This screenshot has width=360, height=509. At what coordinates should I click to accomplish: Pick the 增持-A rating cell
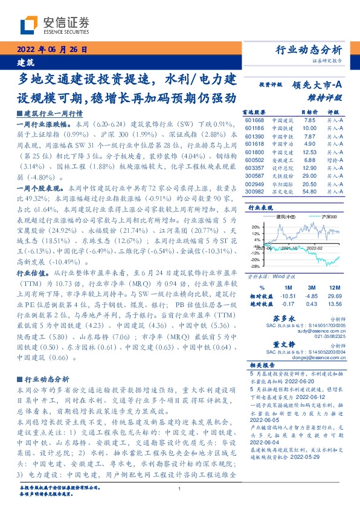pyautogui.click(x=335, y=160)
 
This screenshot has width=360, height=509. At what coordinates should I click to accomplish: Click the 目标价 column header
pyautogui.click(x=310, y=112)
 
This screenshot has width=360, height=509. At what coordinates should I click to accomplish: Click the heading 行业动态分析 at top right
pyautogui.click(x=309, y=50)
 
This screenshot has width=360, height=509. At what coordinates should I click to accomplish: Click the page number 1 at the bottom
pyautogui.click(x=180, y=489)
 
